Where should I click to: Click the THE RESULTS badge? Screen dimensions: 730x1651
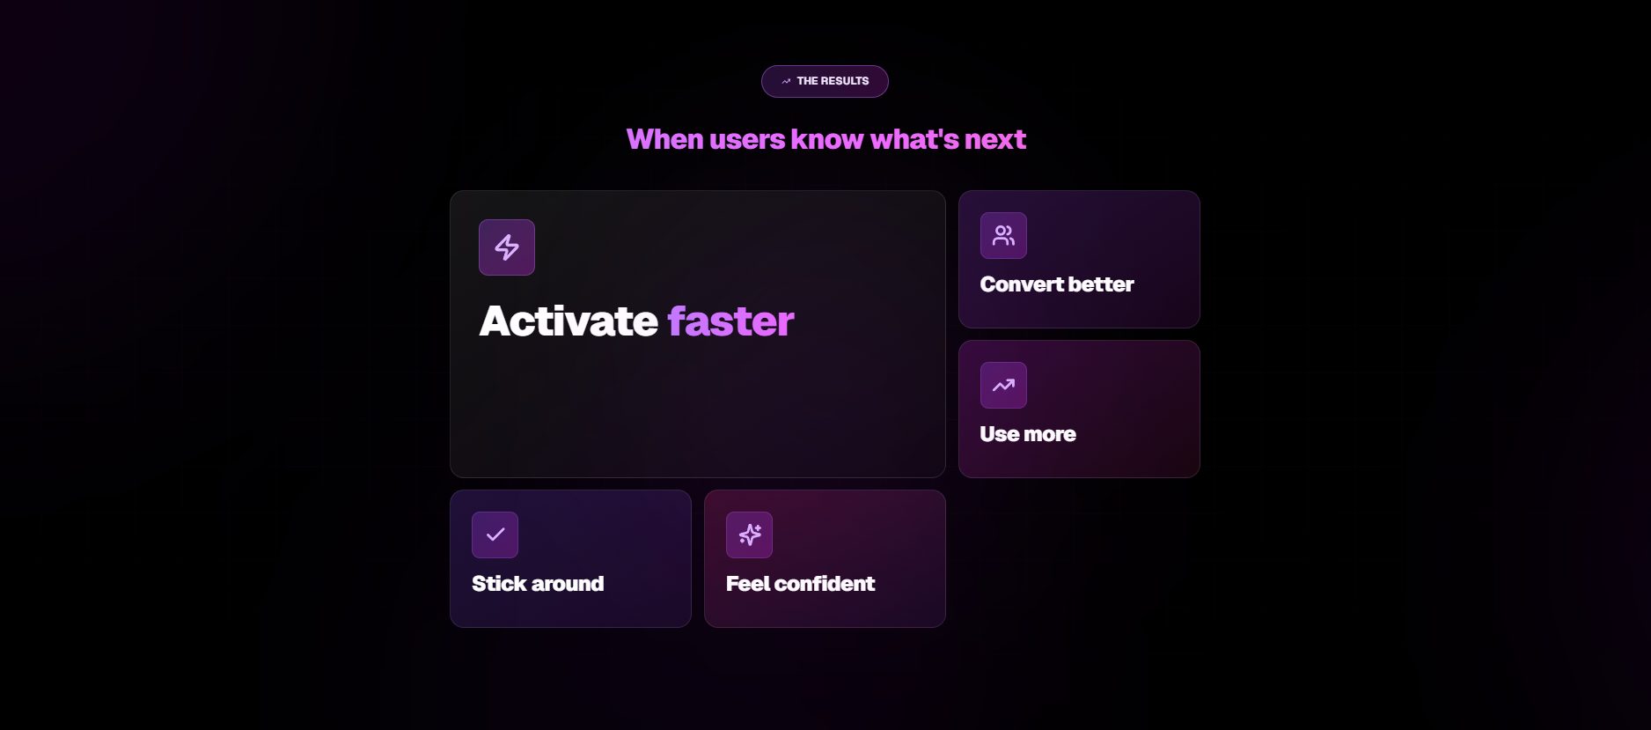pos(825,81)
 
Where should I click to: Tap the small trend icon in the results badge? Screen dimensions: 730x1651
pos(786,81)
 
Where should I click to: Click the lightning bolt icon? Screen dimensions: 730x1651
pos(507,247)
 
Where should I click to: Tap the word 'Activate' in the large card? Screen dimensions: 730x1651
pos(569,321)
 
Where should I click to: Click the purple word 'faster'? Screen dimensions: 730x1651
pos(730,321)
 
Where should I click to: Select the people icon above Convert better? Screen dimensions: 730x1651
pos(1003,235)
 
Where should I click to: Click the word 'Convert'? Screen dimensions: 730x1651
pos(1022,284)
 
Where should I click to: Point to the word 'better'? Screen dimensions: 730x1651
pos(1100,284)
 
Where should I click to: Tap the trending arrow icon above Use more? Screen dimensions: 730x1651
pos(1003,385)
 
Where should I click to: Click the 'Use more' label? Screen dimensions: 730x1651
pos(1028,434)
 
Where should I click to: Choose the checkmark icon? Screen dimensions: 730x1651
pos(495,535)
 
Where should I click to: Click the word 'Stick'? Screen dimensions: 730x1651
pos(499,584)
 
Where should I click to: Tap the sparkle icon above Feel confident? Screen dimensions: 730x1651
pos(749,535)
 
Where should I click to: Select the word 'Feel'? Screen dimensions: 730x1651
pos(747,584)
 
